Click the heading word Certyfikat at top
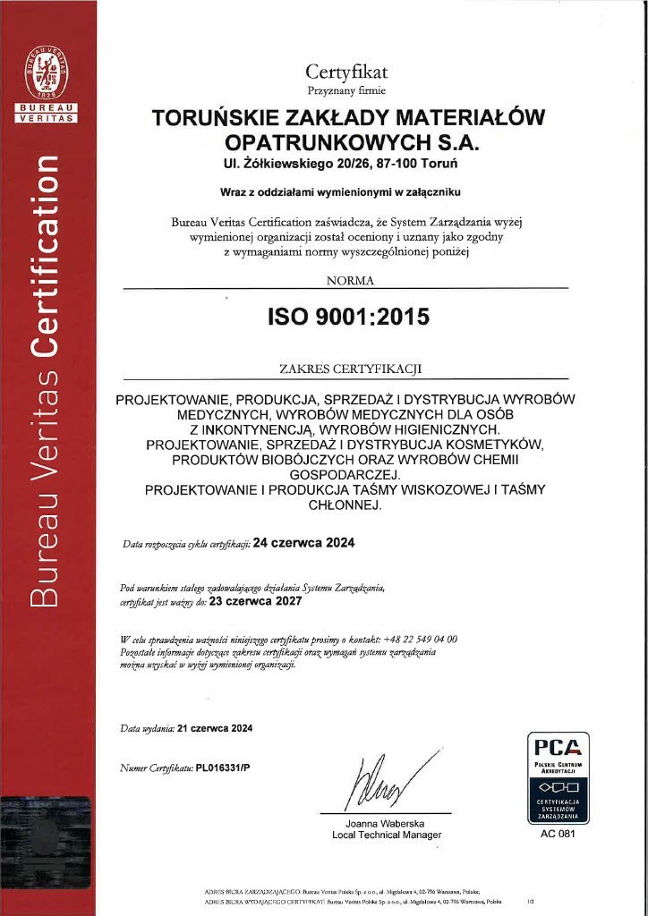click(x=346, y=72)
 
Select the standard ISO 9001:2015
click(x=349, y=316)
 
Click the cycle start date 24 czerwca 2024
click(x=304, y=543)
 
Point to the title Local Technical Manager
click(x=386, y=835)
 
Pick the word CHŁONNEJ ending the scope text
click(x=345, y=505)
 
